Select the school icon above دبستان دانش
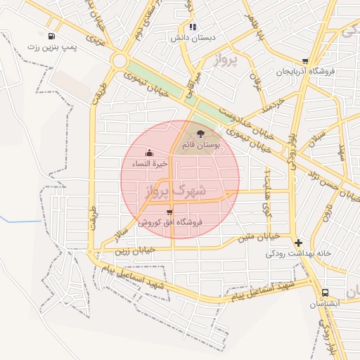[192, 27]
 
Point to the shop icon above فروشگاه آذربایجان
[304, 61]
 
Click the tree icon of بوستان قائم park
[201, 133]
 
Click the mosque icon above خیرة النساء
[149, 153]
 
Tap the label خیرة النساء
[149, 164]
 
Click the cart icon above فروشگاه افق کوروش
[169, 211]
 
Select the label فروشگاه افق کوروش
[169, 222]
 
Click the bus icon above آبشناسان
[325, 292]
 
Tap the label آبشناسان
[325, 304]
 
